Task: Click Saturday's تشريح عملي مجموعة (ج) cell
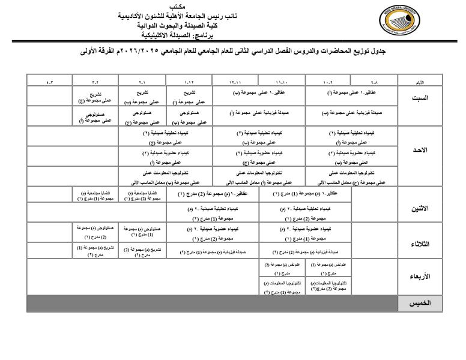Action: point(95,97)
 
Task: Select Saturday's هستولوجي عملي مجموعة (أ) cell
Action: point(95,116)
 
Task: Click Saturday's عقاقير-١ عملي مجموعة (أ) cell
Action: point(351,93)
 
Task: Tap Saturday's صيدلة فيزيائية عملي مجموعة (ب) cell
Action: point(351,112)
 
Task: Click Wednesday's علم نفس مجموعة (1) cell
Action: point(328,268)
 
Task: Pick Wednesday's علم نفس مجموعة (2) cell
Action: point(282,268)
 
